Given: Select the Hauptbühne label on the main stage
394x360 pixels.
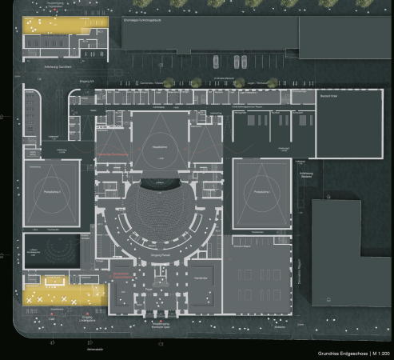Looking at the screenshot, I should point(158,147).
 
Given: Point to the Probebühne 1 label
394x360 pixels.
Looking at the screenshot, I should point(261,193).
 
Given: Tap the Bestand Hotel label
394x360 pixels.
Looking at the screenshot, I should point(328,96).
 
